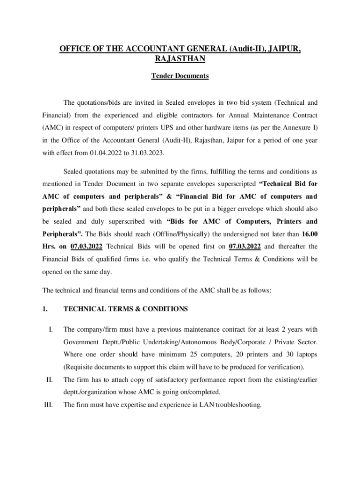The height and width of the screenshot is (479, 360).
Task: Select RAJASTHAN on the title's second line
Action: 180,59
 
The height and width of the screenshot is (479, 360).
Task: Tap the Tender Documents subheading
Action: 180,76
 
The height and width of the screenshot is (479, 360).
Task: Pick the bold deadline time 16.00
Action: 310,233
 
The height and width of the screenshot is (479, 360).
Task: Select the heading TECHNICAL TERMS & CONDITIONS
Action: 125,309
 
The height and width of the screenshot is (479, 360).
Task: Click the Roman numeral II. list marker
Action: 49,379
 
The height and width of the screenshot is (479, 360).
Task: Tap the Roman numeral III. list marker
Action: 48,405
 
